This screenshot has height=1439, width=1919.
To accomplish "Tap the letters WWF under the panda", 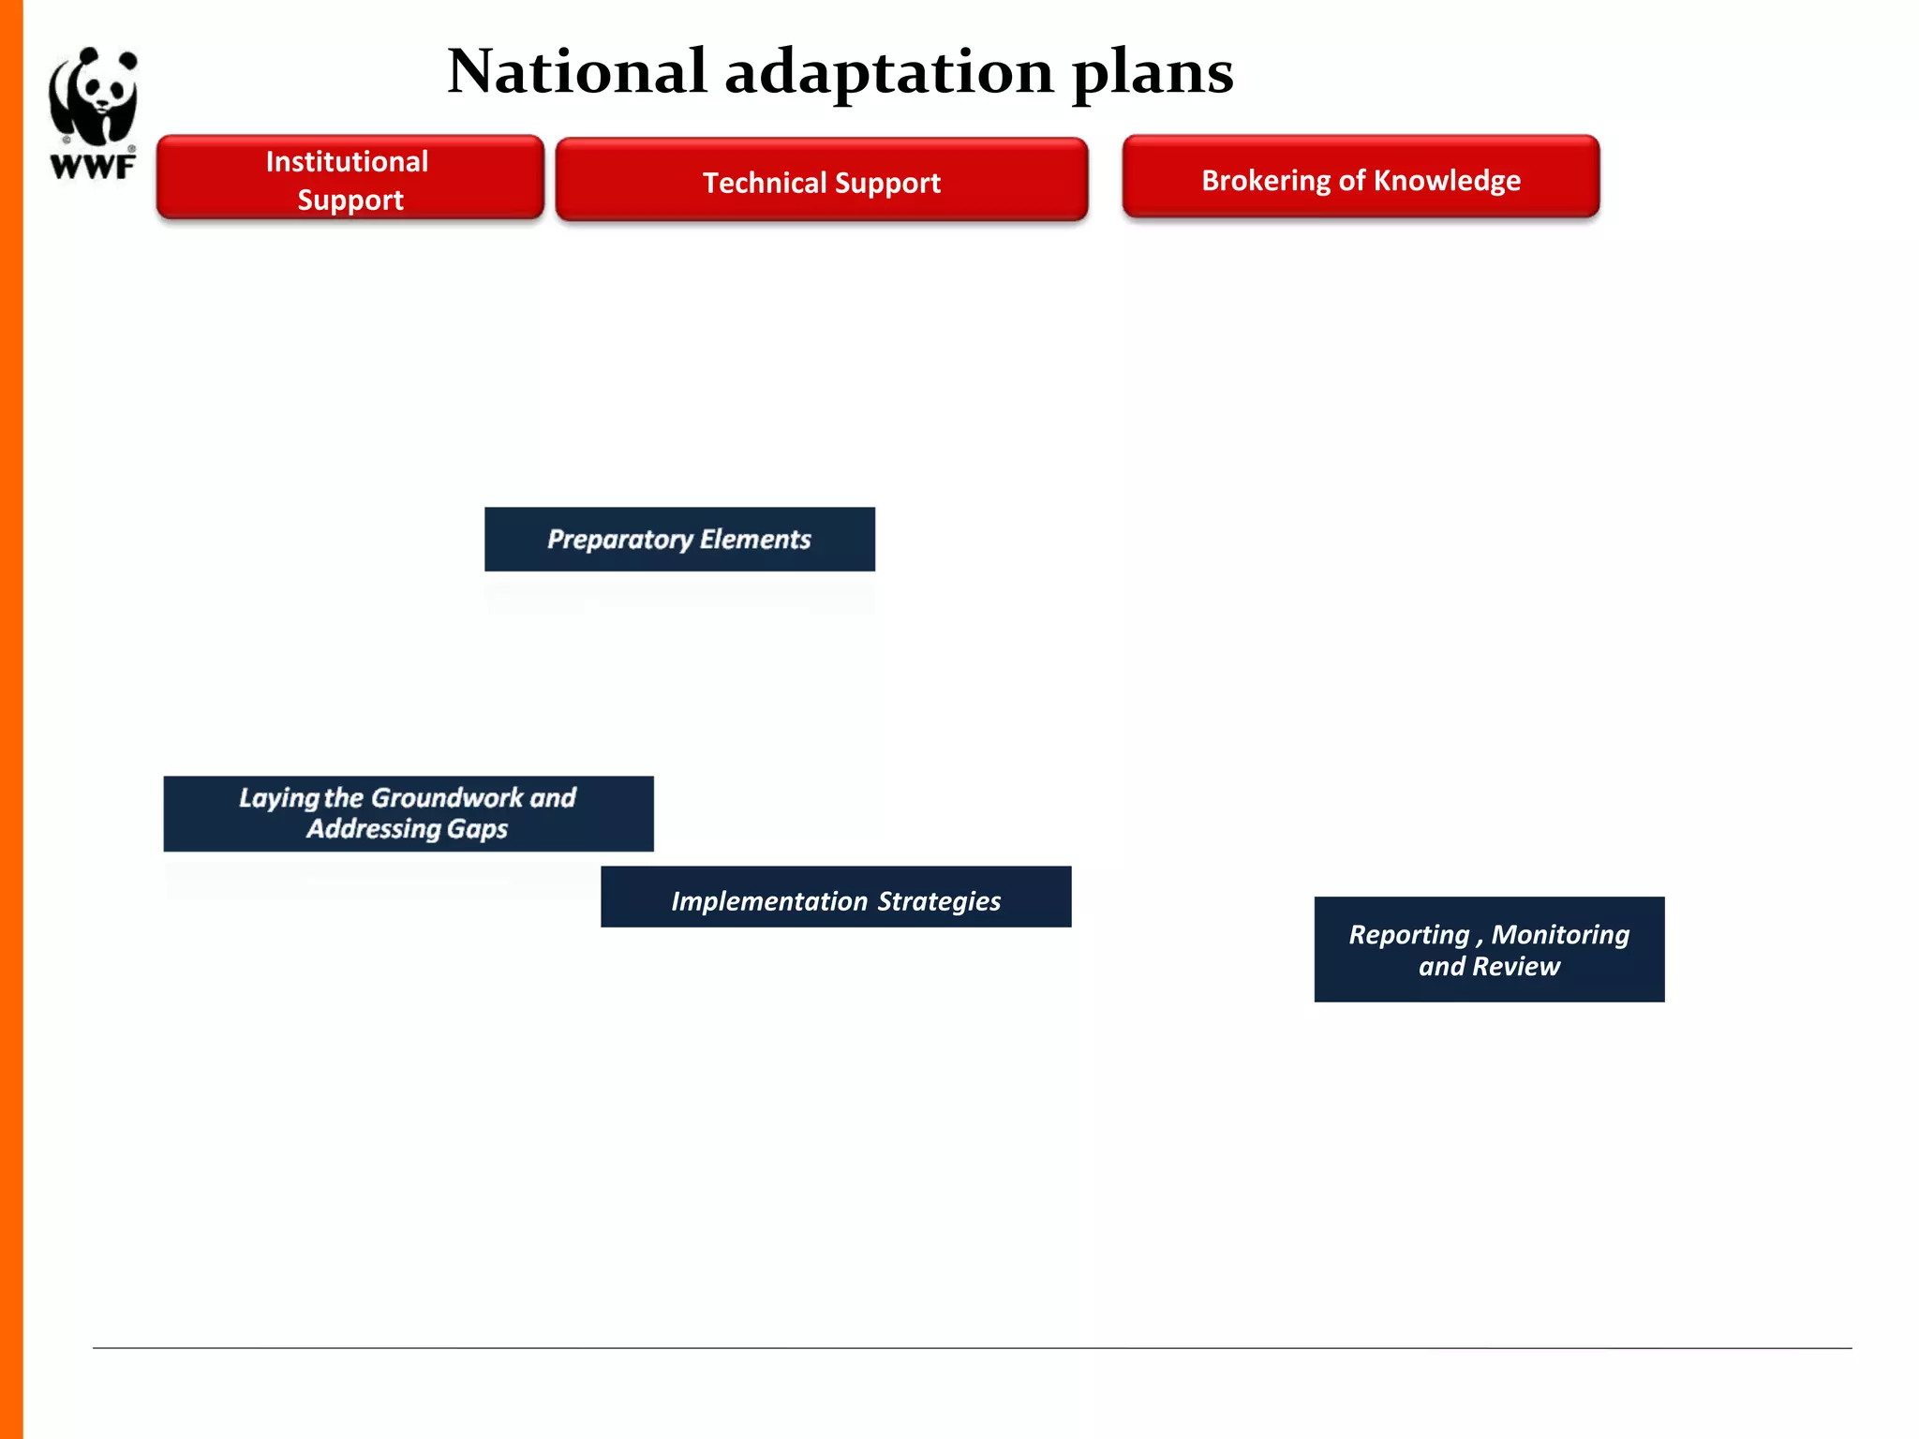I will pyautogui.click(x=93, y=168).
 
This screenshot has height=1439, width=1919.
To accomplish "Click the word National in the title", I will pyautogui.click(x=576, y=71).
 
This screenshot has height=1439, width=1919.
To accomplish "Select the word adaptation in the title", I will pyautogui.click(x=888, y=73).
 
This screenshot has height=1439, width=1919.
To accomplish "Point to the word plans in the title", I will pyautogui.click(x=1153, y=73).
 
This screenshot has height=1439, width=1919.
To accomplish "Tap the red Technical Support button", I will pyautogui.click(x=821, y=181).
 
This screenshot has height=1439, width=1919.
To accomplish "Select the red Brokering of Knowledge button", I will pyautogui.click(x=1361, y=178).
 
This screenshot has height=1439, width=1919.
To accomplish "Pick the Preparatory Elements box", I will pyautogui.click(x=679, y=540).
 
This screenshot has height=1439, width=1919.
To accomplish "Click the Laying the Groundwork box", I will pyautogui.click(x=408, y=813).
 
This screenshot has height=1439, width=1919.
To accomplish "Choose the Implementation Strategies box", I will pyautogui.click(x=835, y=898).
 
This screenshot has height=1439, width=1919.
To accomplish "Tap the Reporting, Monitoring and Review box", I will pyautogui.click(x=1489, y=949).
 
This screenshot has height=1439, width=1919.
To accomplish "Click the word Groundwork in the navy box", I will pyautogui.click(x=447, y=798).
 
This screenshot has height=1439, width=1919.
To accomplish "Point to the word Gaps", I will pyautogui.click(x=477, y=829).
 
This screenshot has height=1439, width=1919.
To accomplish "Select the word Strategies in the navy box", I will pyautogui.click(x=939, y=901).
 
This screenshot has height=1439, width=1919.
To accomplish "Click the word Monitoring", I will pyautogui.click(x=1560, y=934).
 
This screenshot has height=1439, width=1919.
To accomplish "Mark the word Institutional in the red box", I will pyautogui.click(x=347, y=161).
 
